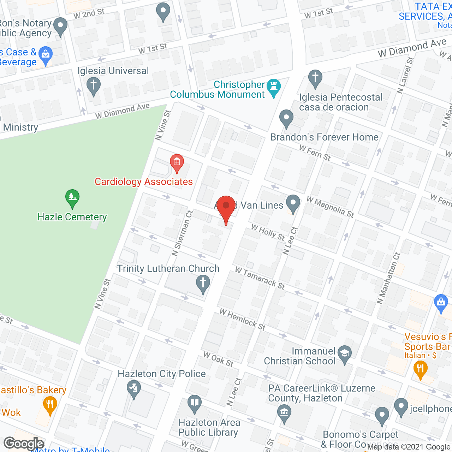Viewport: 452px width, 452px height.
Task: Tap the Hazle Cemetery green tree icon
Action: [72, 199]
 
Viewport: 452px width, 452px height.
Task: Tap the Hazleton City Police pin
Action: [133, 389]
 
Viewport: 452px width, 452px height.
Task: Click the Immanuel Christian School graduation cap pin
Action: [345, 355]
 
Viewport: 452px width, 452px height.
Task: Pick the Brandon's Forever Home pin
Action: [286, 119]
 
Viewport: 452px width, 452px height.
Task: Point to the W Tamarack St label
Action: [260, 278]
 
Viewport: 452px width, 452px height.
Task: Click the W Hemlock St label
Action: [243, 319]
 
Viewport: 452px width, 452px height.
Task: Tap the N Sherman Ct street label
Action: [182, 233]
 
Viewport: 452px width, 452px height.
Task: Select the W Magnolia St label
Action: [330, 207]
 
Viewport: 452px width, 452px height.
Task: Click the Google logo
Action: [24, 444]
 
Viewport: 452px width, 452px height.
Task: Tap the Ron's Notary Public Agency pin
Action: [60, 27]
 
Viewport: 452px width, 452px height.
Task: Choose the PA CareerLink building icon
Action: [284, 412]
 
